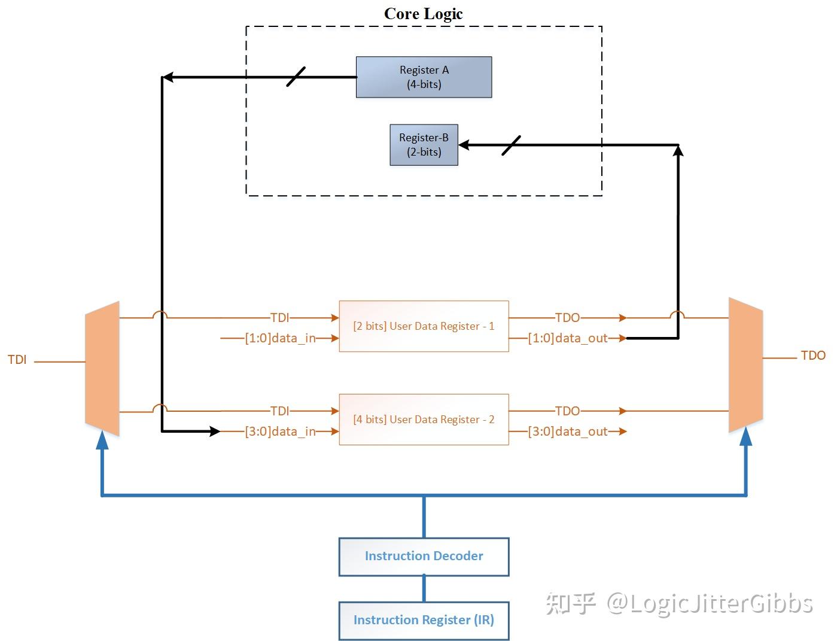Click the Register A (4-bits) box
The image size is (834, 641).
pos(424,77)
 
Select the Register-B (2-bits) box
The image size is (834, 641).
pos(424,145)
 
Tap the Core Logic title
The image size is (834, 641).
pos(423,14)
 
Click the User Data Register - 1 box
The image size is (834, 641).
pos(424,326)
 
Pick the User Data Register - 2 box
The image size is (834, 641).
pos(424,420)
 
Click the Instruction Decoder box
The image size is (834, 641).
pos(424,557)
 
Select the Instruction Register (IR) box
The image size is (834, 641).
pos(424,620)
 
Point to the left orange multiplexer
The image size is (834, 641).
pos(102,368)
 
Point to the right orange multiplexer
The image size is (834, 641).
pos(745,365)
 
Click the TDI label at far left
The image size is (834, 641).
pos(17,360)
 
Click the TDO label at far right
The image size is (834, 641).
pos(812,356)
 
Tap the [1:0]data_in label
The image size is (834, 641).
pos(280,338)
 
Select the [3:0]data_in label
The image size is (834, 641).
pos(280,432)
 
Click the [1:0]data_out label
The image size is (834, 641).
pos(567,338)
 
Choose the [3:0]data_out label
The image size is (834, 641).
pos(567,432)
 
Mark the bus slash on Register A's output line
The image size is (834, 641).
pos(296,77)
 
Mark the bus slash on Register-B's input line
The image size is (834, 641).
pos(511,145)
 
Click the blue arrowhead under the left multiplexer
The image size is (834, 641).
pos(102,441)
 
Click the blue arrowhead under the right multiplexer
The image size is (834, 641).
pos(745,437)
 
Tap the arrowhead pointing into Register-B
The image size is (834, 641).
pos(464,145)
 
